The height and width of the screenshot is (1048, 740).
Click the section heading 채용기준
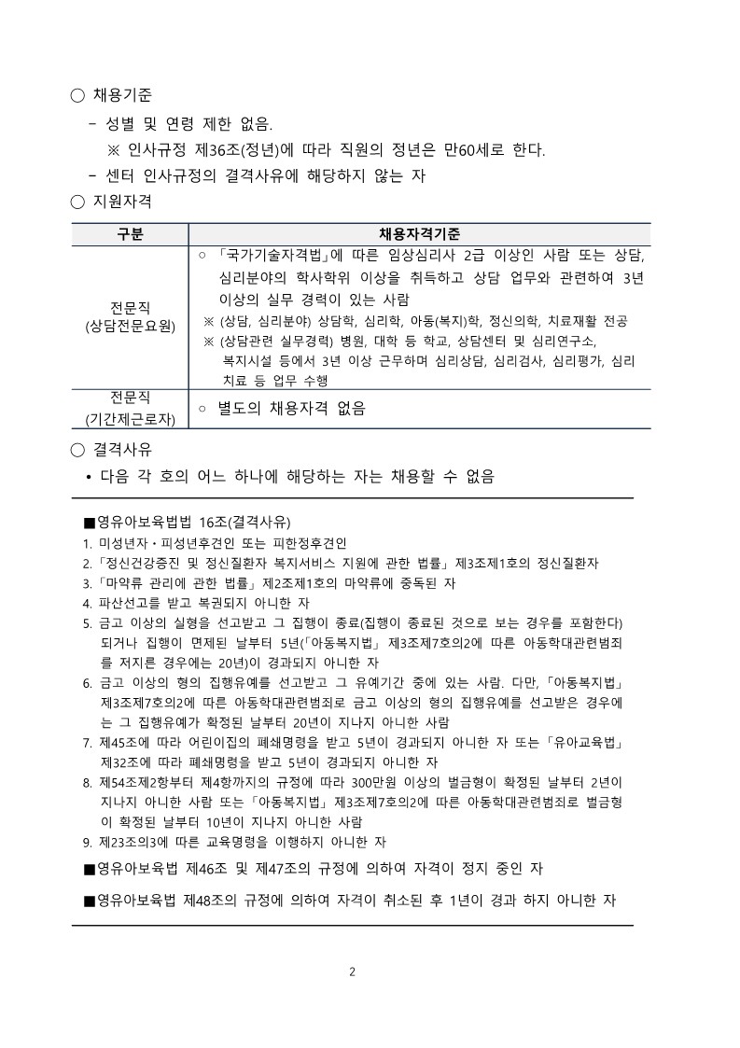pyautogui.click(x=123, y=95)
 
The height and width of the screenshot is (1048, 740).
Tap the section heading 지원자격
pyautogui.click(x=123, y=201)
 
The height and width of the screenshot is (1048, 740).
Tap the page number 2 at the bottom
pyautogui.click(x=352, y=971)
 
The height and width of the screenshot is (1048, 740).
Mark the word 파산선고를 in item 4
pyautogui.click(x=130, y=603)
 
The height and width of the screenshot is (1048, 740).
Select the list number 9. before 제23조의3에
pyautogui.click(x=86, y=844)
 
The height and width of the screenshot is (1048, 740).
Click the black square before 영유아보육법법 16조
pyautogui.click(x=90, y=521)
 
